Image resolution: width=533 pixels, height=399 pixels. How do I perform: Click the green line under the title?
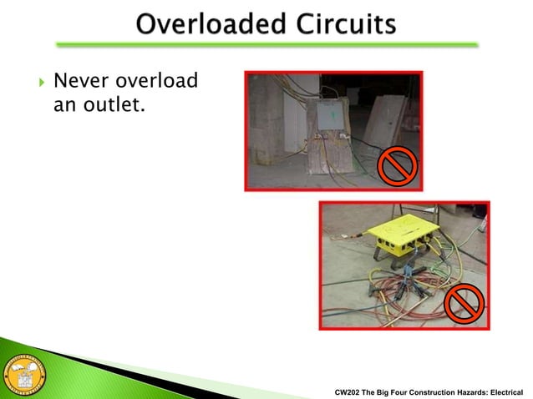pos(266,44)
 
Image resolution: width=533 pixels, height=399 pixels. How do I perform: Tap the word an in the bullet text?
pos(63,106)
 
